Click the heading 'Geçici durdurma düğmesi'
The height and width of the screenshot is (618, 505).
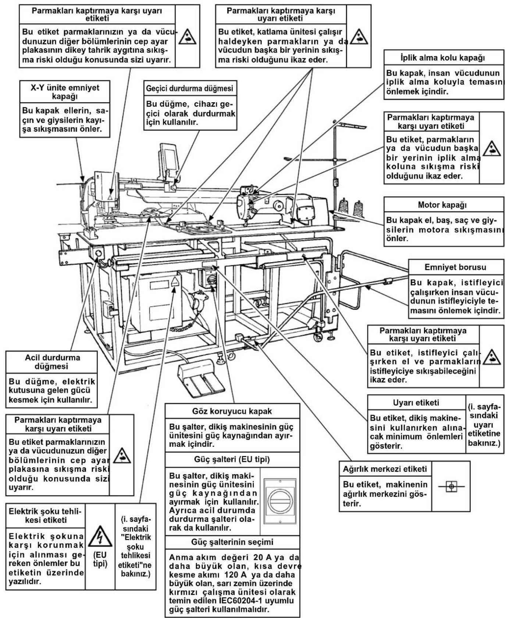pyautogui.click(x=190, y=89)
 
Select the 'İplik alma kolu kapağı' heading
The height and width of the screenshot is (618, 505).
pyautogui.click(x=444, y=58)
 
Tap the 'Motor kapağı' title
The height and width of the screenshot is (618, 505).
pyautogui.click(x=444, y=205)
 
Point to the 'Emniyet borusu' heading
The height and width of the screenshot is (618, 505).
pyautogui.click(x=455, y=267)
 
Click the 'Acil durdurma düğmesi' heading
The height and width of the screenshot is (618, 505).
pyautogui.click(x=52, y=362)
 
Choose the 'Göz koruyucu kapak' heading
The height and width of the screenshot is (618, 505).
pyautogui.click(x=232, y=411)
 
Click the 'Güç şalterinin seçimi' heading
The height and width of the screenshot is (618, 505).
pyautogui.click(x=232, y=542)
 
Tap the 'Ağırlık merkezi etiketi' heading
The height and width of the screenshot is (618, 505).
pyautogui.click(x=385, y=469)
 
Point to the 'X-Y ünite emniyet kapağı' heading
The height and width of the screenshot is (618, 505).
pyautogui.click(x=65, y=92)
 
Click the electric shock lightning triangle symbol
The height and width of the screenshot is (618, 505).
pyautogui.click(x=100, y=538)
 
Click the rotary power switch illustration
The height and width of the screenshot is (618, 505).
pyautogui.click(x=280, y=501)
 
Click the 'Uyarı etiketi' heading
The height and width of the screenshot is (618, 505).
pyautogui.click(x=416, y=403)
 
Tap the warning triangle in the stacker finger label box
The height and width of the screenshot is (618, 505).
pyautogui.click(x=491, y=356)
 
